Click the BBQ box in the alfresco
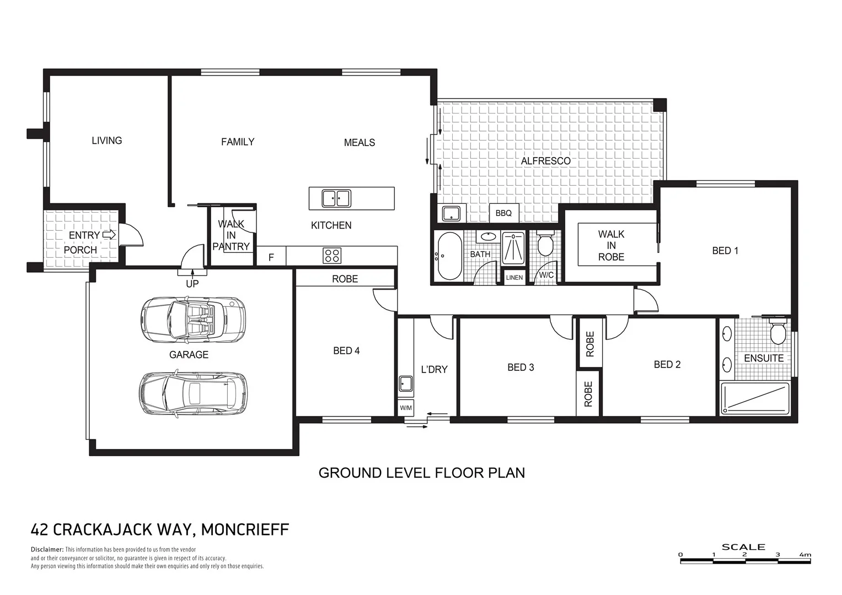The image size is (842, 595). click(x=503, y=213)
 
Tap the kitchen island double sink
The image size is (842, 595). click(x=336, y=198)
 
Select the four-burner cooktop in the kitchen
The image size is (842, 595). click(x=332, y=256)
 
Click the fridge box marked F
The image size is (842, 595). click(x=271, y=257)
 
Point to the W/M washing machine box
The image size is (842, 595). click(x=406, y=408)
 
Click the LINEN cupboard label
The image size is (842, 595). click(x=514, y=278)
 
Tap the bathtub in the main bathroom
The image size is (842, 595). click(x=449, y=256)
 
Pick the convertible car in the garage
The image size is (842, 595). click(x=192, y=320)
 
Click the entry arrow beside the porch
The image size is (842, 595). click(x=109, y=235)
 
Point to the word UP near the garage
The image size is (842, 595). click(x=192, y=284)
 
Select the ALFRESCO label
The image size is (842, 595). click(x=545, y=161)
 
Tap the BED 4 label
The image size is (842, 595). click(x=346, y=350)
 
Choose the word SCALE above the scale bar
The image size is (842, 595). click(x=743, y=547)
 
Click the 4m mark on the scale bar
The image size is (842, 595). click(x=805, y=555)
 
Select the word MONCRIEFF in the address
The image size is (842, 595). click(x=245, y=530)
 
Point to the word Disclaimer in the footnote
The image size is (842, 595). click(x=47, y=550)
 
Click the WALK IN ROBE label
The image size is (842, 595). click(x=611, y=246)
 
